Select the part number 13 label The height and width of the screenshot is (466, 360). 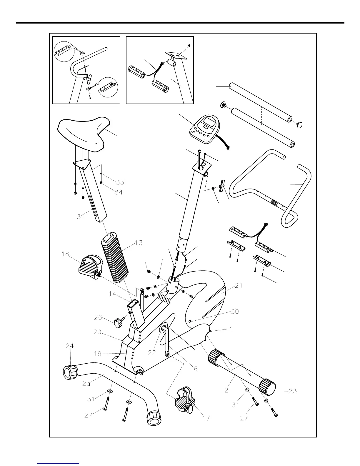pos(139,243)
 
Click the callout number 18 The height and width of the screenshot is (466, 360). pos(66,254)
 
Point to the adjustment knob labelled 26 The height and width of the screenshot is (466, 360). pos(118,324)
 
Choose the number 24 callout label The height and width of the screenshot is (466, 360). pos(70,346)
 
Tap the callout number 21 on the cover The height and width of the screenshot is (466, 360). pos(239,286)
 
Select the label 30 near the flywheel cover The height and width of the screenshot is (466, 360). pos(234,312)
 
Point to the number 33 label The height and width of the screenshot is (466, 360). pos(120,182)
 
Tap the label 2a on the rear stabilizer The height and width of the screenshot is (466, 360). pos(86,384)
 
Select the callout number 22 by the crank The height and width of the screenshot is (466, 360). pos(152,353)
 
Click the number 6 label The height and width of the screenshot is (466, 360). pos(196,368)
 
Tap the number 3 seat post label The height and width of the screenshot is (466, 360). pos(79,217)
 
